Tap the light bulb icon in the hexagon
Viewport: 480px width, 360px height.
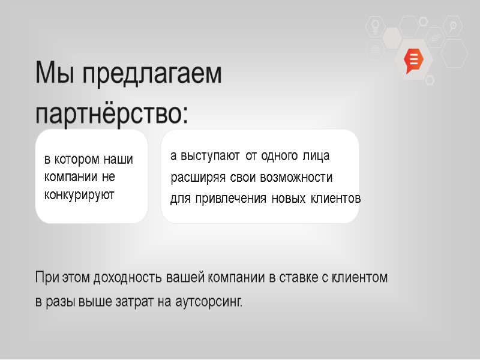[x=376, y=26]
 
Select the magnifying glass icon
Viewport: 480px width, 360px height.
[x=453, y=26]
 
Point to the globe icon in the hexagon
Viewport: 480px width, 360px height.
[x=376, y=50]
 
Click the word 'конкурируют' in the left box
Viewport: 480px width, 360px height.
[x=79, y=195]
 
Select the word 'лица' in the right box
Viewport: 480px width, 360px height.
[x=317, y=156]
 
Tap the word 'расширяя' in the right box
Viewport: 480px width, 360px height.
[x=199, y=178]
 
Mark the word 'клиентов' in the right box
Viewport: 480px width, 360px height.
[x=335, y=199]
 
